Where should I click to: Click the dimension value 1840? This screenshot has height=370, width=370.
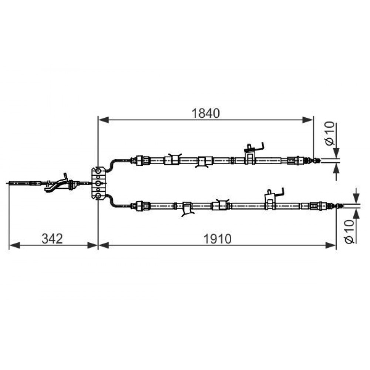pos(206,113)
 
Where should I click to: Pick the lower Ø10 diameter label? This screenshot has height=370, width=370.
pos(350,232)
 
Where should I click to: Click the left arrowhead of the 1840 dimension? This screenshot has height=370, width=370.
pos(104,120)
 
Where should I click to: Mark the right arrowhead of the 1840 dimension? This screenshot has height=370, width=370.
pos(308,120)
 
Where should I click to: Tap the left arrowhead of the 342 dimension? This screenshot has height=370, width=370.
pos(14,245)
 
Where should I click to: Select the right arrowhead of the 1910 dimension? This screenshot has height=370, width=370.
pos(330,245)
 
